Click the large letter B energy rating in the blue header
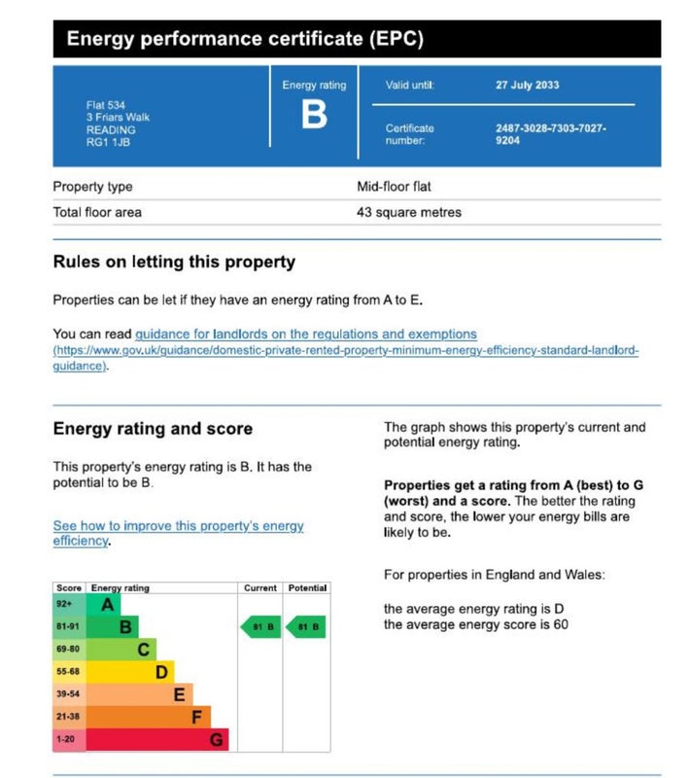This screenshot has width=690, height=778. coord(313,116)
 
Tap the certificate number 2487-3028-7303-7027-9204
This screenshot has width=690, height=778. coord(550,133)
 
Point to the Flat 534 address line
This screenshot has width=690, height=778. coord(105,106)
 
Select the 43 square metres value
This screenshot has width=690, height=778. coord(409,212)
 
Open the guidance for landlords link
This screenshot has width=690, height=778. coord(305,334)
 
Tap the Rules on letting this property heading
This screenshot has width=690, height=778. coord(174,262)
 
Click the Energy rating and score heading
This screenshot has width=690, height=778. coord(153,429)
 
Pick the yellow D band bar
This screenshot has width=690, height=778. coord(129,672)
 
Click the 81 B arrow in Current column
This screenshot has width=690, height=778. coord(260,627)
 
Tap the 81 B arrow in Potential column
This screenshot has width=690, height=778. coord(306,627)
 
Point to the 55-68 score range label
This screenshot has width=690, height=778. coord(69,672)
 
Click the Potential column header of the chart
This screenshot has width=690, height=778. coord(307,588)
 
